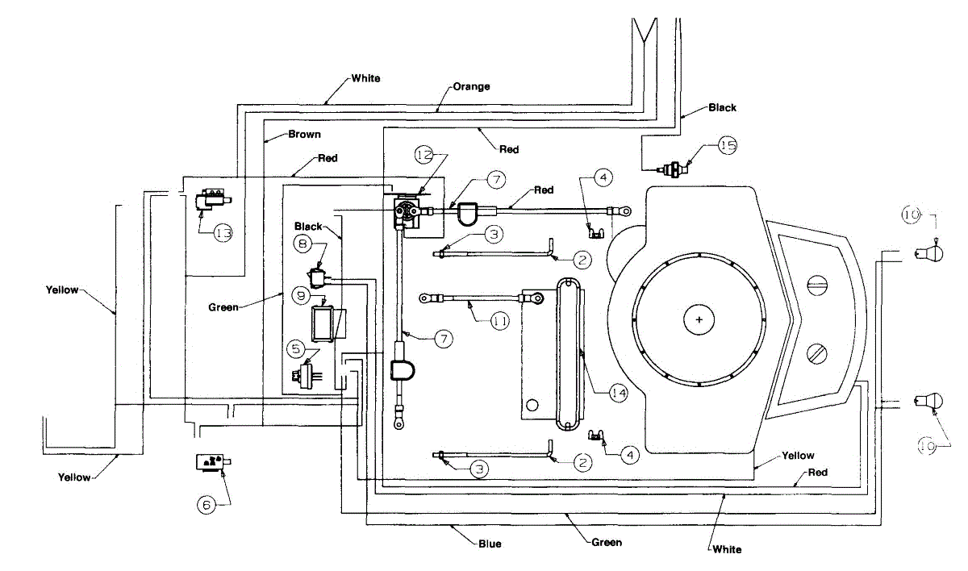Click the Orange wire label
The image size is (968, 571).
click(471, 87)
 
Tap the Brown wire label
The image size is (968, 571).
click(304, 135)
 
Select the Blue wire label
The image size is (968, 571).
click(490, 544)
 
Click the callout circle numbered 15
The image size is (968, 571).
click(728, 145)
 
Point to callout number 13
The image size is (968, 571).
click(223, 233)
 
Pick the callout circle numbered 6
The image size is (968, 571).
click(207, 505)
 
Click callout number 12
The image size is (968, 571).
click(424, 155)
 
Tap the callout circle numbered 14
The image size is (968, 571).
click(619, 393)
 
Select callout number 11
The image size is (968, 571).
click(500, 321)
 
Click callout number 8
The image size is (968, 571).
click(302, 244)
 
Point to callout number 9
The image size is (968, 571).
click(301, 296)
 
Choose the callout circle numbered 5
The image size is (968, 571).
click(296, 349)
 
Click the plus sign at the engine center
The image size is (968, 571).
click(699, 320)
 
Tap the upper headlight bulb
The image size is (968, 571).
click(929, 253)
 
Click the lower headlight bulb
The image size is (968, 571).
click(929, 402)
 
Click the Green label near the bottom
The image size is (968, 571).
click(607, 543)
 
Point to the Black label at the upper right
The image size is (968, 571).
click(722, 107)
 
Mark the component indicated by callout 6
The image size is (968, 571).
click(214, 462)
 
